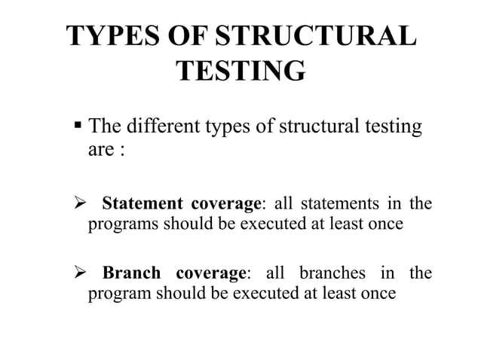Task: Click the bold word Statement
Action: [x=142, y=203]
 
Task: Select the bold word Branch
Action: [x=131, y=273]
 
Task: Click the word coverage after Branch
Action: [x=211, y=273]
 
